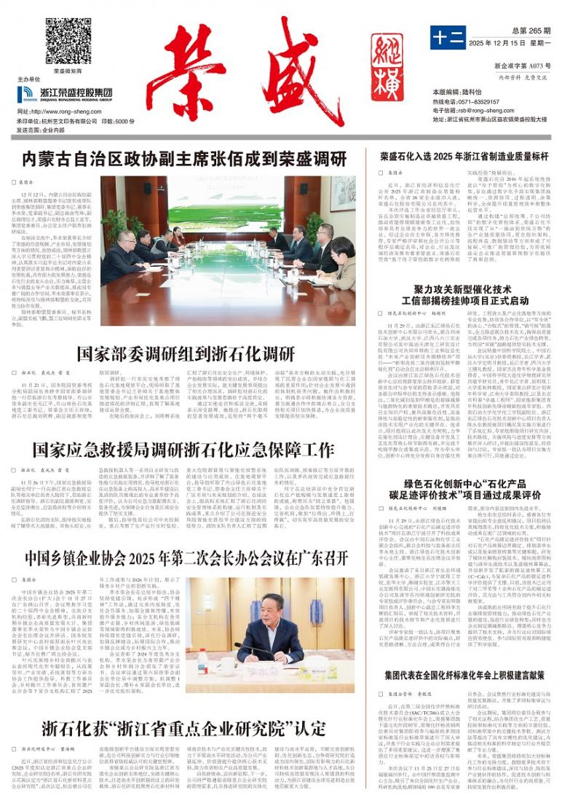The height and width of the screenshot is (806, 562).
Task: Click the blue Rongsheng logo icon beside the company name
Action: click(x=25, y=93)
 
